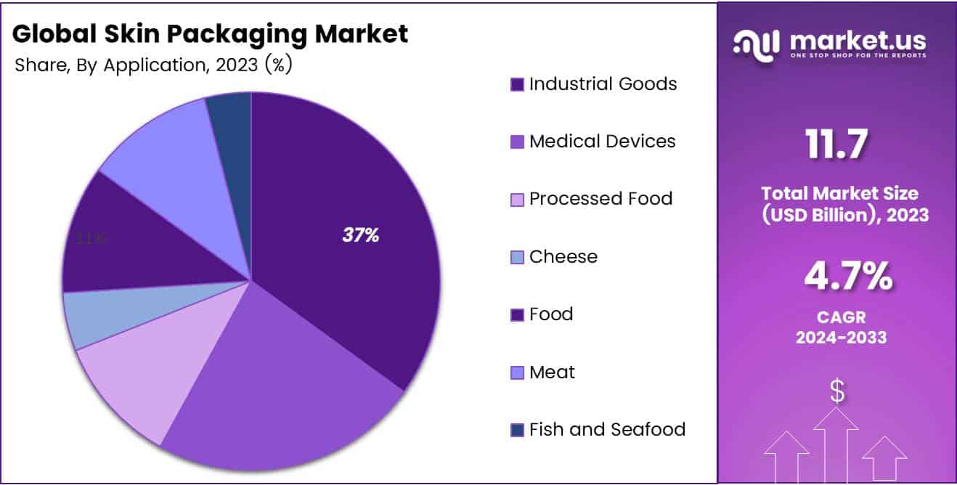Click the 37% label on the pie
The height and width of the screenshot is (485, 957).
[x=361, y=235]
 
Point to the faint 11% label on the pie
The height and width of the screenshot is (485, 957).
[x=92, y=238]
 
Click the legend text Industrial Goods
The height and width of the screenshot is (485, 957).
[x=603, y=84]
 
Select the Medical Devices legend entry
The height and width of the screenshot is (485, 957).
[x=602, y=142]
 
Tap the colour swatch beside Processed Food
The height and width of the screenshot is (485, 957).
[x=517, y=200]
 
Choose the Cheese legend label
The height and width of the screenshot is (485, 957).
[x=563, y=257]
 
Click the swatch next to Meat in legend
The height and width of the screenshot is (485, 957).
[x=517, y=373]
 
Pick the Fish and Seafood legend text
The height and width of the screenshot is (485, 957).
[x=607, y=430]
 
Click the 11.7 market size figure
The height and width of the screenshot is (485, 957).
[x=836, y=144]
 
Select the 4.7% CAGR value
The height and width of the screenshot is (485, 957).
[x=847, y=277]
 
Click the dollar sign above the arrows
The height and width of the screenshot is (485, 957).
[x=836, y=392]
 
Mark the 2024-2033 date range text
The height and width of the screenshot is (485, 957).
[x=842, y=337]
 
